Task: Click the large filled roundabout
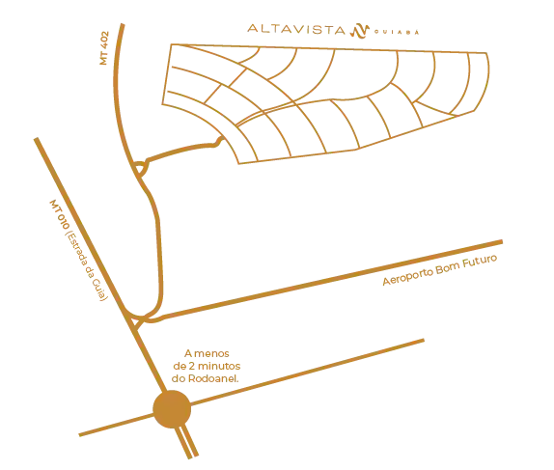click(175, 412)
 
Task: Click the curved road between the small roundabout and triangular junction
click(157, 241)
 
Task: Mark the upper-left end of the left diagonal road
click(36, 140)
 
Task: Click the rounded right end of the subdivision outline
click(486, 82)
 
